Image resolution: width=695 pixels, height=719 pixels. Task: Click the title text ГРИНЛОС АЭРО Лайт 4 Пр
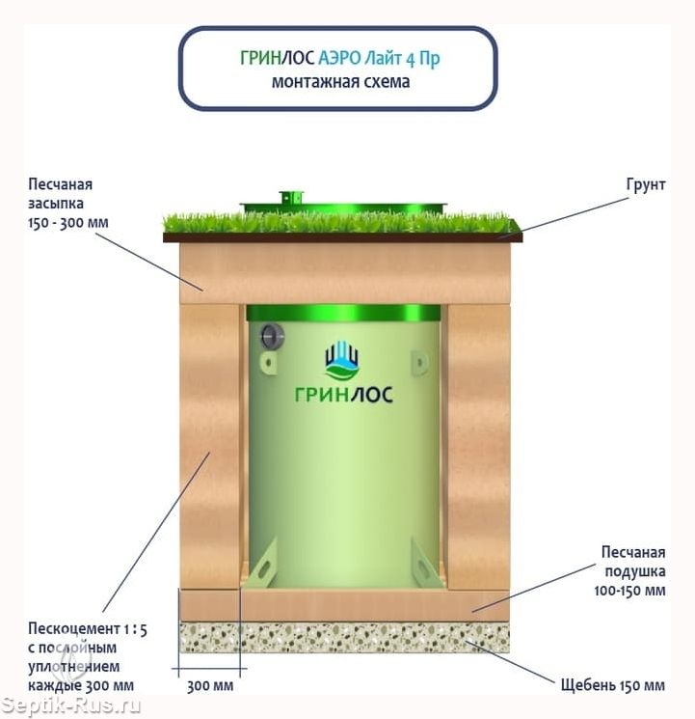(340, 58)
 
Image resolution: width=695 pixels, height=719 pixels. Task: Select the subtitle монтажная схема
(340, 82)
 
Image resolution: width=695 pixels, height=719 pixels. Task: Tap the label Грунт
(646, 184)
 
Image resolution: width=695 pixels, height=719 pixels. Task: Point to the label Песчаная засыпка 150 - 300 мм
(68, 203)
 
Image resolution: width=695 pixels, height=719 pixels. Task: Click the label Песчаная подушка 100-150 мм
(630, 571)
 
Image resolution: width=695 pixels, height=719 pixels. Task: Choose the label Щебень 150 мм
(613, 685)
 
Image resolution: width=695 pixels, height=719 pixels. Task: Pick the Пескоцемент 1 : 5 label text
(88, 629)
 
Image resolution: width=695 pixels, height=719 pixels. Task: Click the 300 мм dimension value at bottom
(210, 686)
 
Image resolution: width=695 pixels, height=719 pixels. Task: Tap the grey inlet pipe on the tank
(272, 337)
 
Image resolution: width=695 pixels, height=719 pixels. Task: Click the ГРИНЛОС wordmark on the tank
(343, 395)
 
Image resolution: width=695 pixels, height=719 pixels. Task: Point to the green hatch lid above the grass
(343, 206)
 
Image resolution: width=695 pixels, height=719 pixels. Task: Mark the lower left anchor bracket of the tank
(262, 563)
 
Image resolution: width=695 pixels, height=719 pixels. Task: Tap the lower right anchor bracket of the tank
(426, 563)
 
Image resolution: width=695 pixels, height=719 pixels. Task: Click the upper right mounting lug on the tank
(419, 362)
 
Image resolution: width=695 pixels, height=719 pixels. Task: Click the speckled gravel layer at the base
(344, 637)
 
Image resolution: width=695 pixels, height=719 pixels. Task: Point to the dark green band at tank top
(343, 313)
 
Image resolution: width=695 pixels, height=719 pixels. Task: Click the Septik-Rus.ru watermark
(70, 705)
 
